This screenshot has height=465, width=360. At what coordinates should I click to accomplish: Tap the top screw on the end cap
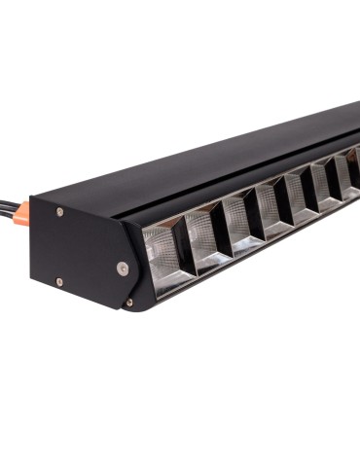[x=60, y=211]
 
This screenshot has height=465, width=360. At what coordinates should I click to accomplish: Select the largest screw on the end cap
[x=122, y=267]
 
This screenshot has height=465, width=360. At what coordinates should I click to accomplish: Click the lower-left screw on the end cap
[x=59, y=282]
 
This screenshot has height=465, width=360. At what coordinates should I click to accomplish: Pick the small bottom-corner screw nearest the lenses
[x=129, y=303]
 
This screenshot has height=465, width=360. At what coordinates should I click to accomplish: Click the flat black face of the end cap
[x=83, y=248]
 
